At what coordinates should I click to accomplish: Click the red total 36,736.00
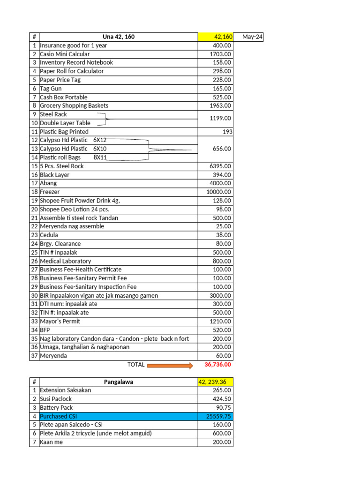217,365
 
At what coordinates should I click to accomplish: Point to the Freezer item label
50,192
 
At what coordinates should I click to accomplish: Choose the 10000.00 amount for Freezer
218,192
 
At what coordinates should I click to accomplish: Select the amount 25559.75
218,416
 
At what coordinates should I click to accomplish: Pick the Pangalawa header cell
119,382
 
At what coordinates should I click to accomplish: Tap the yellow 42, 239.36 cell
215,382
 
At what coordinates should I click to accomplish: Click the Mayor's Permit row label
60,322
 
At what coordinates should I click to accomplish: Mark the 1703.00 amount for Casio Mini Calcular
220,54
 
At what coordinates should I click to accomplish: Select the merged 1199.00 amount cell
220,119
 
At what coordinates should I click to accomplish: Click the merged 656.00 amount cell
222,149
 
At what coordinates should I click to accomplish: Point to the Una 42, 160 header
119,37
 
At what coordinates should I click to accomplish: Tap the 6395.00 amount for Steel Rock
220,166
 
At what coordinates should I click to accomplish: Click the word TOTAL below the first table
136,365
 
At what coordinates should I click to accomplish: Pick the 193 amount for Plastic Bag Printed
227,132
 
